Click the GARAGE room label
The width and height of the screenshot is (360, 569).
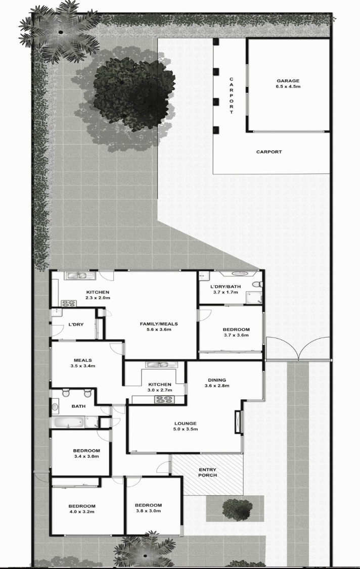288,81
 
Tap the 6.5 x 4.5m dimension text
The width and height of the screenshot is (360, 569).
288,87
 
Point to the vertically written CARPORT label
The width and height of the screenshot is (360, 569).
231,96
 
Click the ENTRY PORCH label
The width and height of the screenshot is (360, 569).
207,472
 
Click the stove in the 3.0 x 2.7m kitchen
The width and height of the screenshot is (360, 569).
162,399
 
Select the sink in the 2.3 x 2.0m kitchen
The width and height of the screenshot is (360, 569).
77,276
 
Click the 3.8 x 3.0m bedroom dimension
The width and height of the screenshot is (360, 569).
148,511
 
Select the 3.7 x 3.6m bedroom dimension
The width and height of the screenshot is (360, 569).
236,336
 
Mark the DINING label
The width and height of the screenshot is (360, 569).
217,380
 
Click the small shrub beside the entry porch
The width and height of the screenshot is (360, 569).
237,508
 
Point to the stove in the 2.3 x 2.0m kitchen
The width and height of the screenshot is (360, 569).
68,303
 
